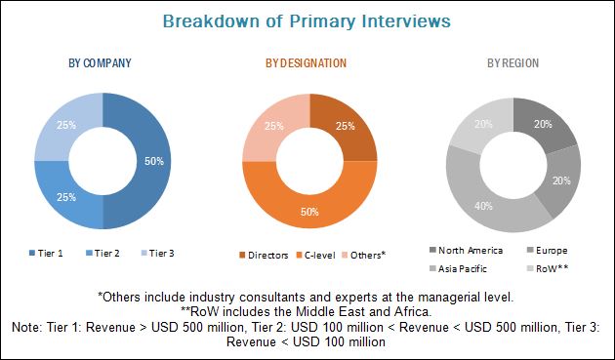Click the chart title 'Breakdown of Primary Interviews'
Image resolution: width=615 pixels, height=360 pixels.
[307, 21]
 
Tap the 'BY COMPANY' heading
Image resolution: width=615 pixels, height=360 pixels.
[100, 63]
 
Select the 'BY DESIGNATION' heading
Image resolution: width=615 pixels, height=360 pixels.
[306, 63]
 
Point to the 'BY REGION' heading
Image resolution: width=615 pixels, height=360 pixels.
[513, 63]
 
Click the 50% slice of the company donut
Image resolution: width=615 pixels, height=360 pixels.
[154, 161]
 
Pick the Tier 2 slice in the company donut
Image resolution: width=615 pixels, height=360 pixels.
[66, 197]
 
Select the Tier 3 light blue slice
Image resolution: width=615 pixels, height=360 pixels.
[66, 125]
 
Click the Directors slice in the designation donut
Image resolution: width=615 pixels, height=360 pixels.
[346, 126]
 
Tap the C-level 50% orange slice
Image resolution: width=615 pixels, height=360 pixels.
[309, 212]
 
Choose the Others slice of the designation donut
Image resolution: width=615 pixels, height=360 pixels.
[273, 126]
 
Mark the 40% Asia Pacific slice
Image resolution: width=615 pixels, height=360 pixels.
[483, 206]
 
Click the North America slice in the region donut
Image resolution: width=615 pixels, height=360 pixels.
[543, 124]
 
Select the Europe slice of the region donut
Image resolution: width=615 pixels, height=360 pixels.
[561, 180]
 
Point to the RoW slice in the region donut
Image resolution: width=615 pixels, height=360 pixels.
[483, 124]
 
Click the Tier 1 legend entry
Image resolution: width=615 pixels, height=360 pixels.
[46, 254]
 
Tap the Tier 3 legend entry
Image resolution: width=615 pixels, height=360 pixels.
[157, 254]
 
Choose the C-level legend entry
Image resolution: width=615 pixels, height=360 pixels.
[315, 256]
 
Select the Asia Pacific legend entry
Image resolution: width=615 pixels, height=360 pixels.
[458, 269]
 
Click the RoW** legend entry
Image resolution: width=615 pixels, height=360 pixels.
[548, 269]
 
